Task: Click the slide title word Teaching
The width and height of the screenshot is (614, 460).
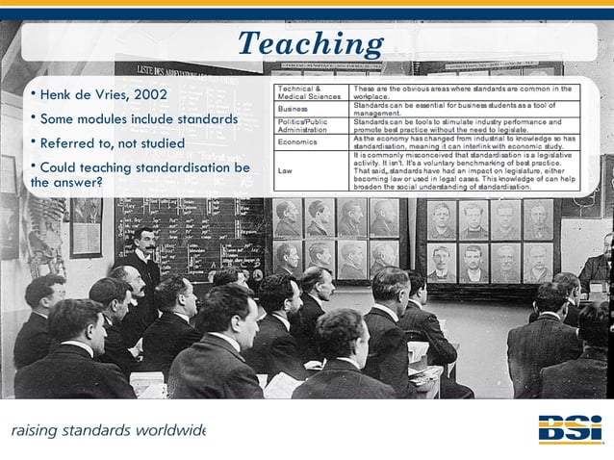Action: [x=310, y=43]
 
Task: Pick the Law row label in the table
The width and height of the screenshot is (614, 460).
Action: [x=285, y=170]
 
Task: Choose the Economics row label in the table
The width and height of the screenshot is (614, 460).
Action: [x=297, y=142]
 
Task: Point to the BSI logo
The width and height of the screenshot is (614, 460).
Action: [x=570, y=428]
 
